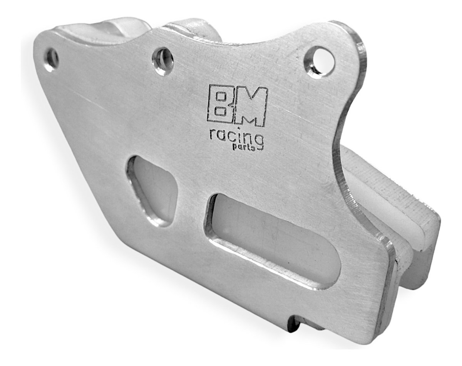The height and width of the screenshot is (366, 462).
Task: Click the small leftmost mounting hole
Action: click(51, 59)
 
